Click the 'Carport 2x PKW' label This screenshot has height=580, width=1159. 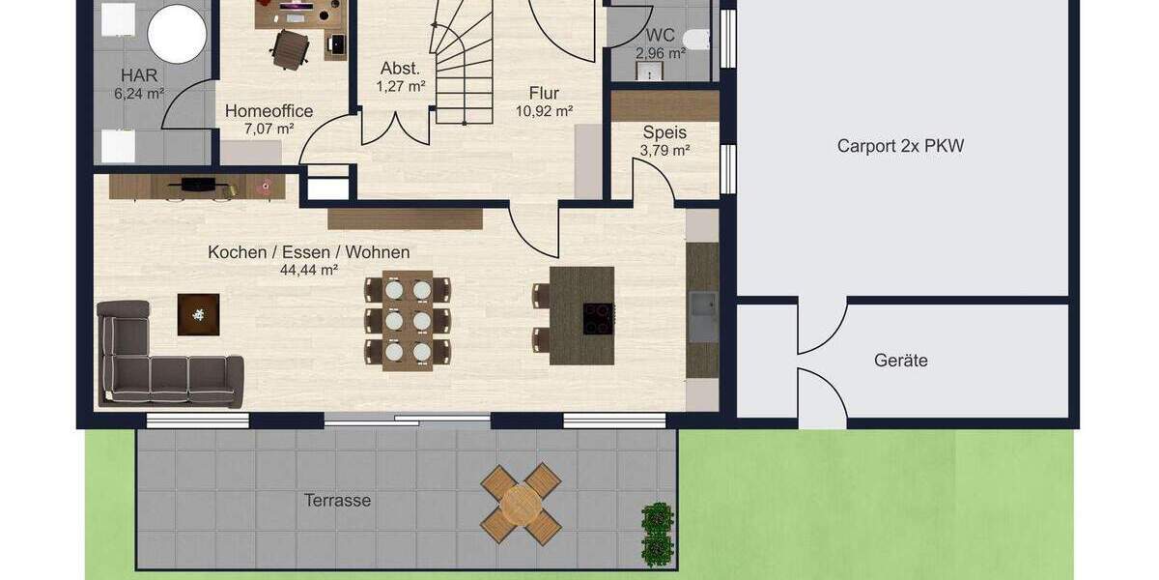pyautogui.click(x=900, y=147)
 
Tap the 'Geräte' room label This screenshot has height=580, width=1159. pyautogui.click(x=900, y=361)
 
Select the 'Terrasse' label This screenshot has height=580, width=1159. pyautogui.click(x=338, y=501)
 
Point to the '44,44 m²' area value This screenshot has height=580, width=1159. pyautogui.click(x=308, y=271)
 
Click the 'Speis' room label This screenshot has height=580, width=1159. pyautogui.click(x=664, y=132)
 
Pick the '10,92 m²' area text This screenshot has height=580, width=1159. pyautogui.click(x=544, y=111)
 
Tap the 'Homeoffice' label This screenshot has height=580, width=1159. pyautogui.click(x=269, y=111)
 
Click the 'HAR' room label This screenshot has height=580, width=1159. pyautogui.click(x=139, y=75)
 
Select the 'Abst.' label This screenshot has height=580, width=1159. pyautogui.click(x=400, y=69)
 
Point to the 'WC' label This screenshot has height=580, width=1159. pyautogui.click(x=661, y=36)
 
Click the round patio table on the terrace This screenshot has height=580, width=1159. pyautogui.click(x=522, y=504)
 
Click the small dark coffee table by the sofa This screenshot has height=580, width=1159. pyautogui.click(x=198, y=314)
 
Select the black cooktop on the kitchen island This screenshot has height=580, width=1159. pyautogui.click(x=597, y=318)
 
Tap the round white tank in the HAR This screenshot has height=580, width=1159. pyautogui.click(x=177, y=34)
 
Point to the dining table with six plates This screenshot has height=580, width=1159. pyautogui.click(x=408, y=319)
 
